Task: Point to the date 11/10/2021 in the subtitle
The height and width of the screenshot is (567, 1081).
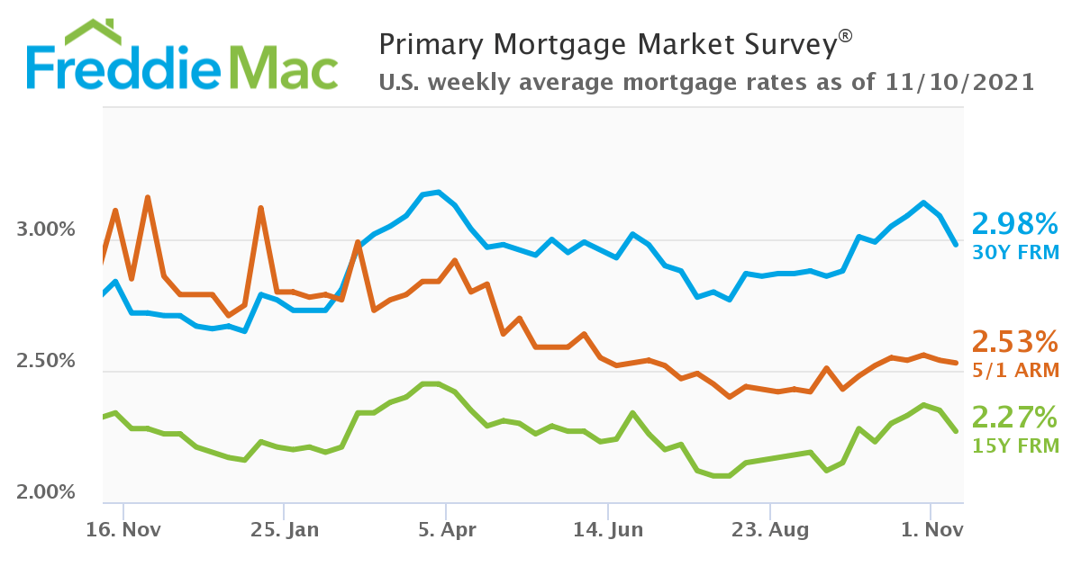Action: coord(959,83)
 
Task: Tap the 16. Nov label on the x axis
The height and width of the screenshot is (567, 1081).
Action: coord(123,530)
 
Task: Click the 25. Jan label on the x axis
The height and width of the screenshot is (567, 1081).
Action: coord(284,530)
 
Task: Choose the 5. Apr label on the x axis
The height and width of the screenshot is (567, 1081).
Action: coord(446,530)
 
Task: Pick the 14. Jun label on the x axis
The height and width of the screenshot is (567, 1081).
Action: coord(608,530)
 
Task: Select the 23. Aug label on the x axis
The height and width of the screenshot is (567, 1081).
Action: coord(770,530)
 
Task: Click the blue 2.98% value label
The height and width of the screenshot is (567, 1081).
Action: coord(1014,224)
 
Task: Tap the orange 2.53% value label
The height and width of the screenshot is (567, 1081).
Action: coord(1014,342)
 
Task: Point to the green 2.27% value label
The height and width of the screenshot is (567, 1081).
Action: coord(1014,418)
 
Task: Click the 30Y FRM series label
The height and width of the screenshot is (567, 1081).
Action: coord(1014,253)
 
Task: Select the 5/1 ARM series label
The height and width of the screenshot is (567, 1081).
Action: coord(1014,370)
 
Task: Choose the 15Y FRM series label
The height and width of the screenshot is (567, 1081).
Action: coord(1014,445)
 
